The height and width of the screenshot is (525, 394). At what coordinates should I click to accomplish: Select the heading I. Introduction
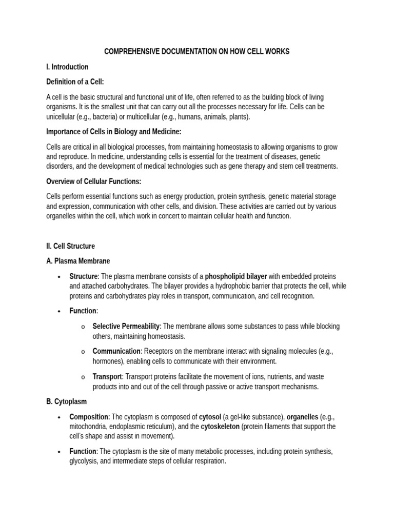click(67, 67)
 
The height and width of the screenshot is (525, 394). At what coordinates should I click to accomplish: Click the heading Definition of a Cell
click(75, 82)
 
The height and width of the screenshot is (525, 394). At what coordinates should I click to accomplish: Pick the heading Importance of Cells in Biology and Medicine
click(113, 132)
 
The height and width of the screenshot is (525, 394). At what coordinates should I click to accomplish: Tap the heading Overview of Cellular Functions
click(93, 181)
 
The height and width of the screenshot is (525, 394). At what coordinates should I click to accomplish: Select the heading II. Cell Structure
click(70, 246)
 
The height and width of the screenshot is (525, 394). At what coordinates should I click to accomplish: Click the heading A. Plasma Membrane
click(78, 261)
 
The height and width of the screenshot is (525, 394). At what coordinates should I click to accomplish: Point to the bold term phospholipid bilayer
click(236, 276)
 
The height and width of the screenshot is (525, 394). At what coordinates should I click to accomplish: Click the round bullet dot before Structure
click(60, 277)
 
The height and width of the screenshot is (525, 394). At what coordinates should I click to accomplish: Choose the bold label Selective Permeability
click(126, 326)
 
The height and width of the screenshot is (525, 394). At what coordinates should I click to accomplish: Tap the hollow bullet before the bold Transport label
click(83, 377)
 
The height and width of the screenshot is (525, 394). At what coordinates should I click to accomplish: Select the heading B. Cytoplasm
click(67, 401)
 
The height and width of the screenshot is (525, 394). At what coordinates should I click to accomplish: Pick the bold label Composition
click(89, 417)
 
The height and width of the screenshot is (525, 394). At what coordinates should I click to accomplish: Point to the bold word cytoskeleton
click(220, 427)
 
